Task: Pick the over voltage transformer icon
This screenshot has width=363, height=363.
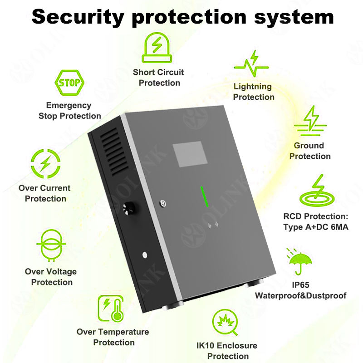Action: click(x=50, y=247)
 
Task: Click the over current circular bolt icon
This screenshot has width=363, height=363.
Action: click(x=45, y=163)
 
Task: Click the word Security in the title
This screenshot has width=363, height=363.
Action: click(x=77, y=17)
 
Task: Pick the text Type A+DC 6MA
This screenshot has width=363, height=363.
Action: click(x=315, y=227)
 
